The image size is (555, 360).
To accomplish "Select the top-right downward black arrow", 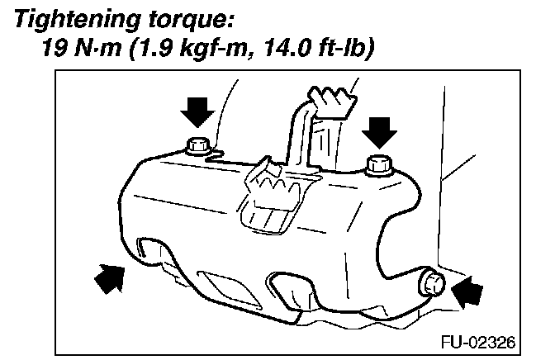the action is pos(379,128).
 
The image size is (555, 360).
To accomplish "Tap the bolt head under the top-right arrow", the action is pos(379,164).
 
